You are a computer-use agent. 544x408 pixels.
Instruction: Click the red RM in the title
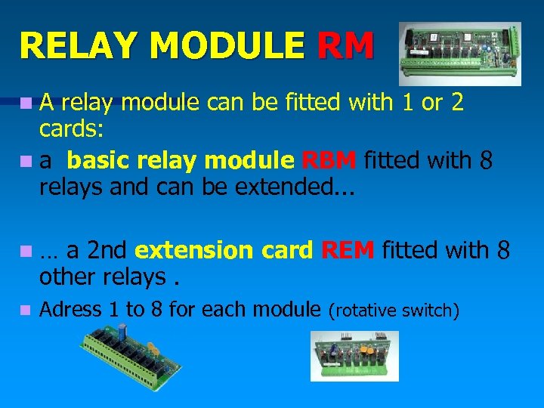coord(345,45)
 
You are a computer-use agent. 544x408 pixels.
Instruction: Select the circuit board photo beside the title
coord(459,53)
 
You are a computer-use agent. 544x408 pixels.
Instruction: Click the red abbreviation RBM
coord(329,161)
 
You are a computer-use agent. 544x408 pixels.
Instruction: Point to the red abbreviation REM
coord(348,249)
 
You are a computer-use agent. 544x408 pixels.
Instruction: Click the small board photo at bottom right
coord(354,355)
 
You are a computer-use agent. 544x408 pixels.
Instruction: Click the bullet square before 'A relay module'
coord(26,102)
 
